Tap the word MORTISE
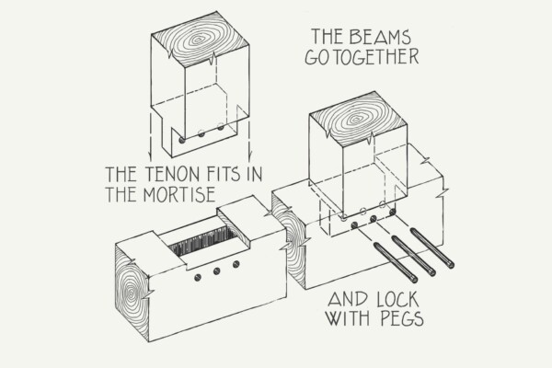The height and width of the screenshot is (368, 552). tap(179, 194)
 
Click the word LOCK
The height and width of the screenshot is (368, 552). tap(397, 300)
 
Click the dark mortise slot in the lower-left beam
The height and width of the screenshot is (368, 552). tap(203, 241)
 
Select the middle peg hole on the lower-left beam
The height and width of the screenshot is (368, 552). tap(216, 270)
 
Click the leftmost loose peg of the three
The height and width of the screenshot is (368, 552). tap(396, 262)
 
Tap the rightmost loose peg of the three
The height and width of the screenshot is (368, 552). tap(432, 247)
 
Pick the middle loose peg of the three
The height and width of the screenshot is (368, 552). tap(414, 256)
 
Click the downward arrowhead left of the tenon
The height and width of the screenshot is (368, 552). tap(150, 156)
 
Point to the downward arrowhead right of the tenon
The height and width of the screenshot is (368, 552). tap(250, 156)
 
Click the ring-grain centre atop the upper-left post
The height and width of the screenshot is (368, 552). tap(198, 40)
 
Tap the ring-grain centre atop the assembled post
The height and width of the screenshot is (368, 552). tap(356, 119)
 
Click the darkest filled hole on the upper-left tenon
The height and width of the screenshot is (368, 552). tap(182, 140)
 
